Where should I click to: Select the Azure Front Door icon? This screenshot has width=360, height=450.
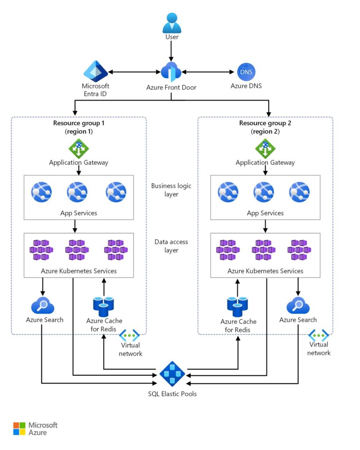(171, 72)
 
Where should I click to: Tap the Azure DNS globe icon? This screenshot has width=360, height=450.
(246, 72)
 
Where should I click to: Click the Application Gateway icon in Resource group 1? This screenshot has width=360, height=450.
(79, 148)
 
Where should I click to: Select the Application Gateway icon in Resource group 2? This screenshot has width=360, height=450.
(265, 148)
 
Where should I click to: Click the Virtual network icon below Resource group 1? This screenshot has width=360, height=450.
(130, 336)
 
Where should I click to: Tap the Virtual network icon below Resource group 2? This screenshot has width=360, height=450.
(319, 336)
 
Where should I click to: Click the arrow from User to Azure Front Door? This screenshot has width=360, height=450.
(172, 52)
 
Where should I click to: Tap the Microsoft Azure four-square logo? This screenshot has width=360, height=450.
(19, 428)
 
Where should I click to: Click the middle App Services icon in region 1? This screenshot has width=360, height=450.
(77, 192)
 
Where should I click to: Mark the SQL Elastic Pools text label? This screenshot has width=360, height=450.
(172, 394)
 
